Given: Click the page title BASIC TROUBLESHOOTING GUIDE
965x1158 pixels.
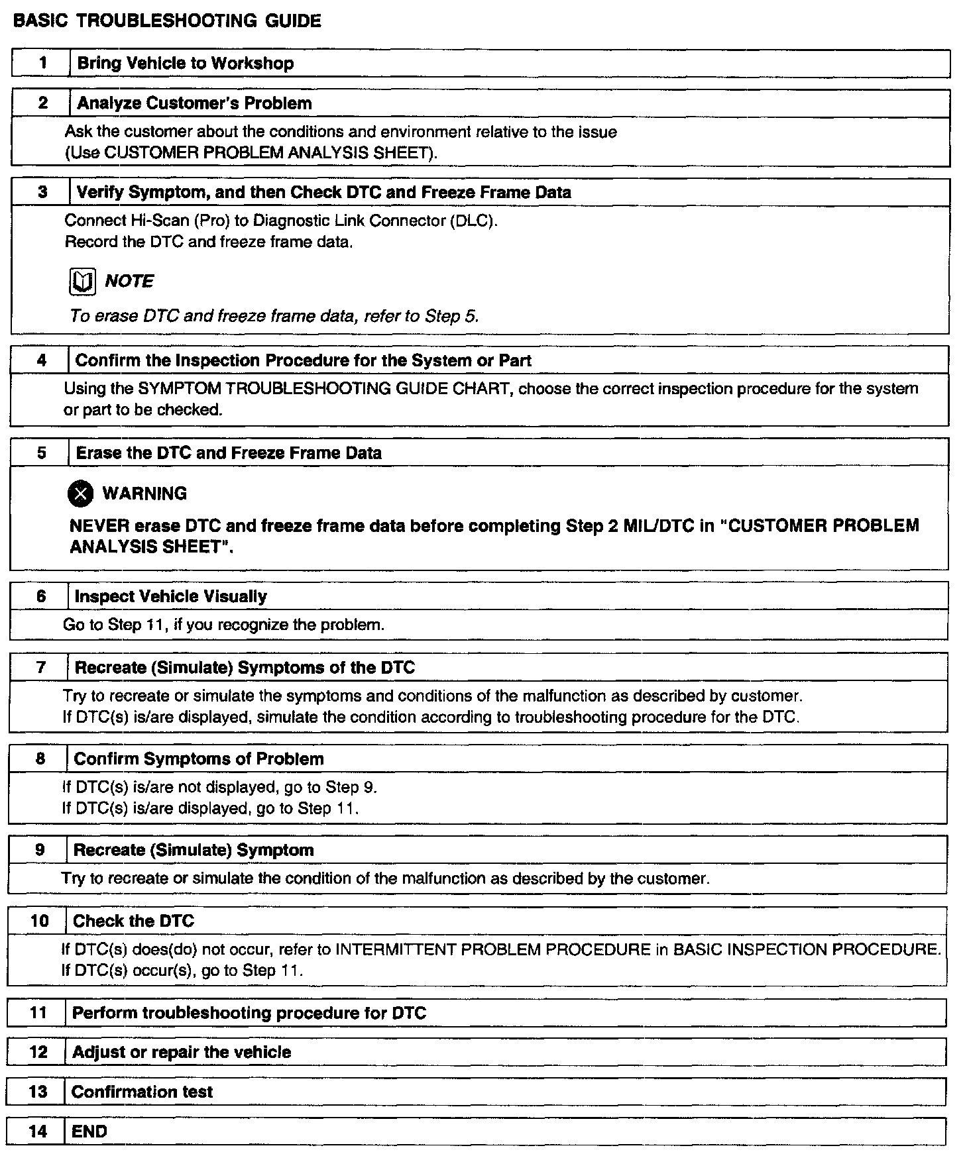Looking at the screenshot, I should [167, 21].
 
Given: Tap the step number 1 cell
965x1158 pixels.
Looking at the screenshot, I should [42, 64].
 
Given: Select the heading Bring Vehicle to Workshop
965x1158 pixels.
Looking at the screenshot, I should [186, 64].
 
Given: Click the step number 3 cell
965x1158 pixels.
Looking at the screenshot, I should [42, 193].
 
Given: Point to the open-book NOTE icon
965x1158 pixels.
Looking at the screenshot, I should [83, 282].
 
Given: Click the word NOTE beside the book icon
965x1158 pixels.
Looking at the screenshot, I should [129, 282].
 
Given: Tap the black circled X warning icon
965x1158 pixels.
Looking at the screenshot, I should [81, 494].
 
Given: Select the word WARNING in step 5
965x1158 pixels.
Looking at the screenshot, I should [144, 494].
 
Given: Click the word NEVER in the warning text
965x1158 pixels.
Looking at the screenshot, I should [99, 526].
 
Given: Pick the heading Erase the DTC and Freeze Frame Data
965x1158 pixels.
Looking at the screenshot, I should [229, 453].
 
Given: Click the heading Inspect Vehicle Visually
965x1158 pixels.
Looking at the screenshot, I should [170, 597].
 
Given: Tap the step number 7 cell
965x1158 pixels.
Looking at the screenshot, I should [40, 668].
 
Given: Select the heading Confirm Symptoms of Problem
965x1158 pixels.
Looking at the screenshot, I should [199, 759].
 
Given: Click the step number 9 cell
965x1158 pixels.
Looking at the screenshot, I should [39, 850].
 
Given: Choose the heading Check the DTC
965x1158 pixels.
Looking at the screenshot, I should [133, 921].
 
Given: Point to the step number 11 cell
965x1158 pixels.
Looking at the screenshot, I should [38, 1013].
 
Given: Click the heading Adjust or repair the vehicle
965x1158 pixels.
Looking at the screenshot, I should [182, 1053].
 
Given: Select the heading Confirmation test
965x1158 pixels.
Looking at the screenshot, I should [142, 1092].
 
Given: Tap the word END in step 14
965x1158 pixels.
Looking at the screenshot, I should [89, 1132].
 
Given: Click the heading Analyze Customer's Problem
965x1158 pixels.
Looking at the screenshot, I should [194, 103].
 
